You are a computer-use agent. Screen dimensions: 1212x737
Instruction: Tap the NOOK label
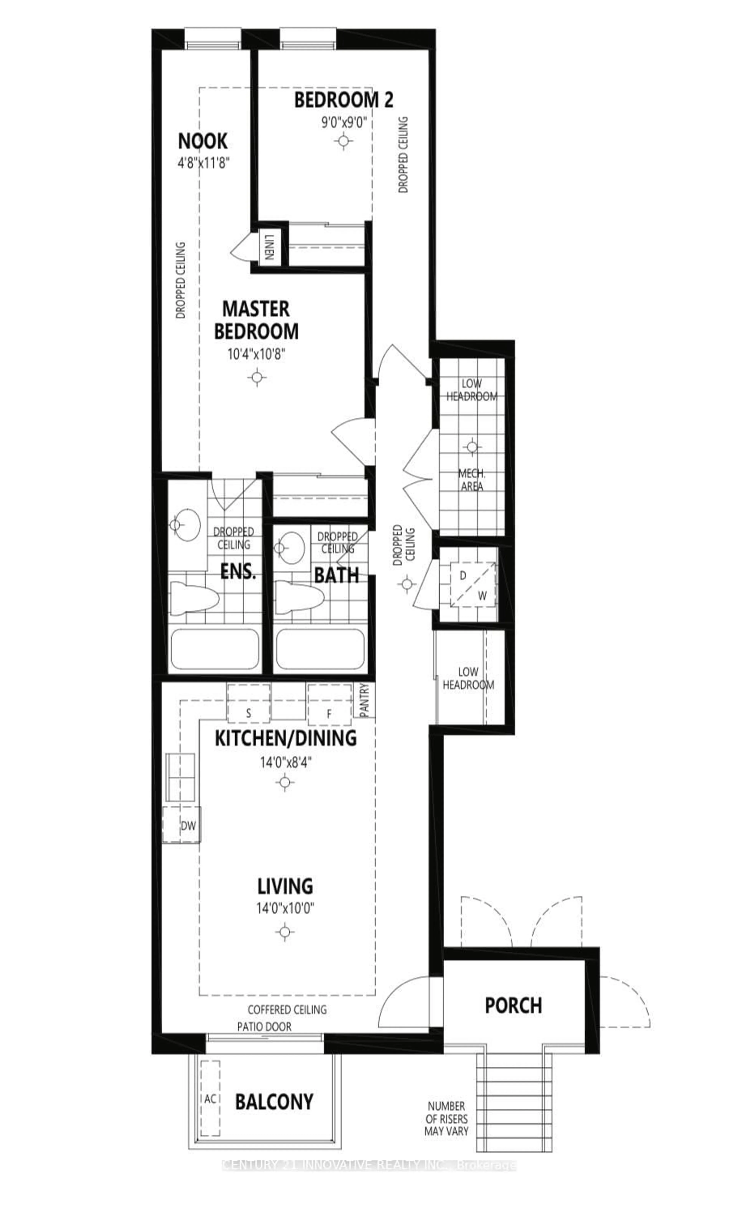click(202, 142)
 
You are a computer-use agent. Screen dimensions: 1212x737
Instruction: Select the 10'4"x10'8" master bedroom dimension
click(256, 354)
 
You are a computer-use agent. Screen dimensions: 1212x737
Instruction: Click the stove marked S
click(248, 713)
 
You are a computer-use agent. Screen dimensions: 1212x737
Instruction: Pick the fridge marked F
click(329, 713)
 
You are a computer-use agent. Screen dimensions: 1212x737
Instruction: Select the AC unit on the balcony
click(210, 1098)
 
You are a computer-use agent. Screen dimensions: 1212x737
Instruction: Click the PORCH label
click(513, 1006)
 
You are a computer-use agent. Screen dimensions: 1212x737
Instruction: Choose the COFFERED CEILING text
click(287, 1009)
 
